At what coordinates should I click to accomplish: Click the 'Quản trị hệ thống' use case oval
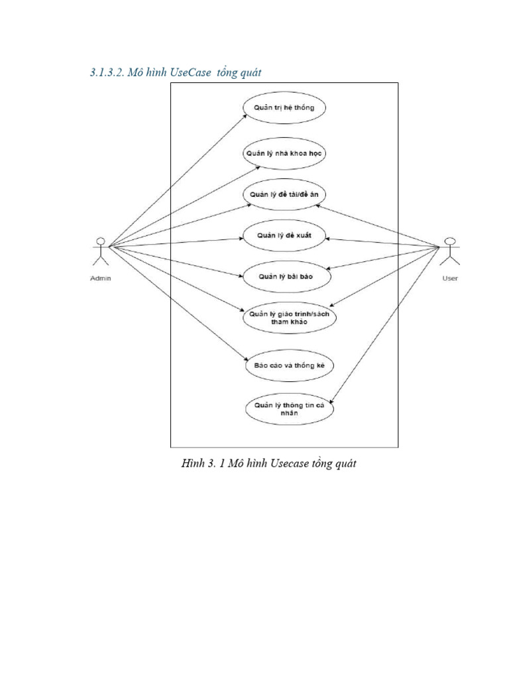click(x=284, y=108)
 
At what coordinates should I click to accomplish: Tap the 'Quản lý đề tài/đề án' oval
click(x=284, y=194)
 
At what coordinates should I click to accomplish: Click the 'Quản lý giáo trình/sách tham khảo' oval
click(x=288, y=318)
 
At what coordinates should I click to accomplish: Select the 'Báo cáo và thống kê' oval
click(x=289, y=365)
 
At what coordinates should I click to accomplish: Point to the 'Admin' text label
click(x=101, y=278)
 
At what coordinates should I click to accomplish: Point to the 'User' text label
click(x=450, y=278)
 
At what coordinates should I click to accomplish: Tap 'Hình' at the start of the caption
click(x=192, y=464)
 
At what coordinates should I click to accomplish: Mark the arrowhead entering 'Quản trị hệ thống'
click(x=245, y=115)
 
